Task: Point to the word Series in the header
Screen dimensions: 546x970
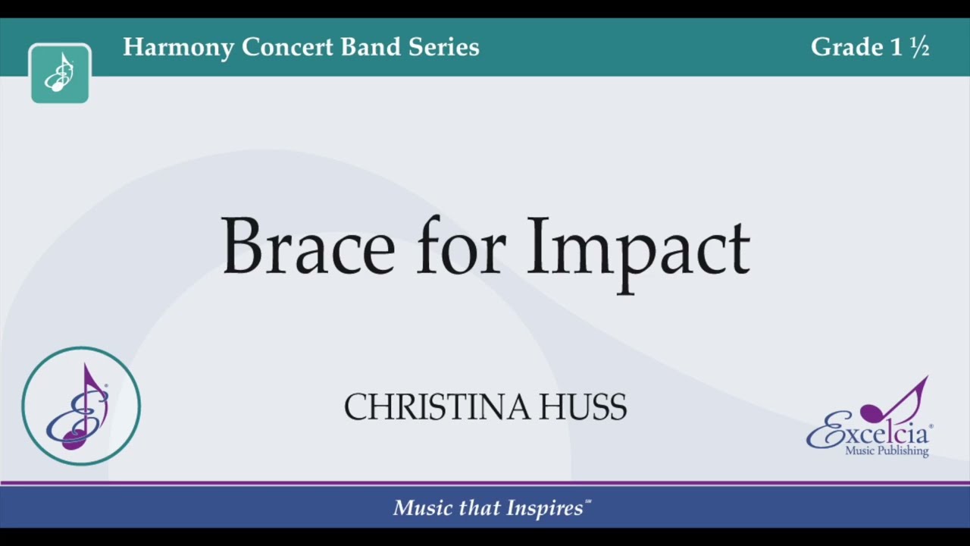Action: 444,47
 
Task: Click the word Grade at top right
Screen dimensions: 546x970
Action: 846,47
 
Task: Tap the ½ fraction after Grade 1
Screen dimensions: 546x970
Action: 919,48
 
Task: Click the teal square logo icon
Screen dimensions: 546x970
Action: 60,74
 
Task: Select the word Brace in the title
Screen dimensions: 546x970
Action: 308,248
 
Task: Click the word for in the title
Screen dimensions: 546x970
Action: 461,248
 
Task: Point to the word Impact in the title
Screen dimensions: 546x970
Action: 637,250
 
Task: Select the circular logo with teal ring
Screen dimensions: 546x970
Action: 81,406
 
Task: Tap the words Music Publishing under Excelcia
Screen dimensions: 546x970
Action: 887,451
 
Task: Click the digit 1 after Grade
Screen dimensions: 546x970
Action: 896,47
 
